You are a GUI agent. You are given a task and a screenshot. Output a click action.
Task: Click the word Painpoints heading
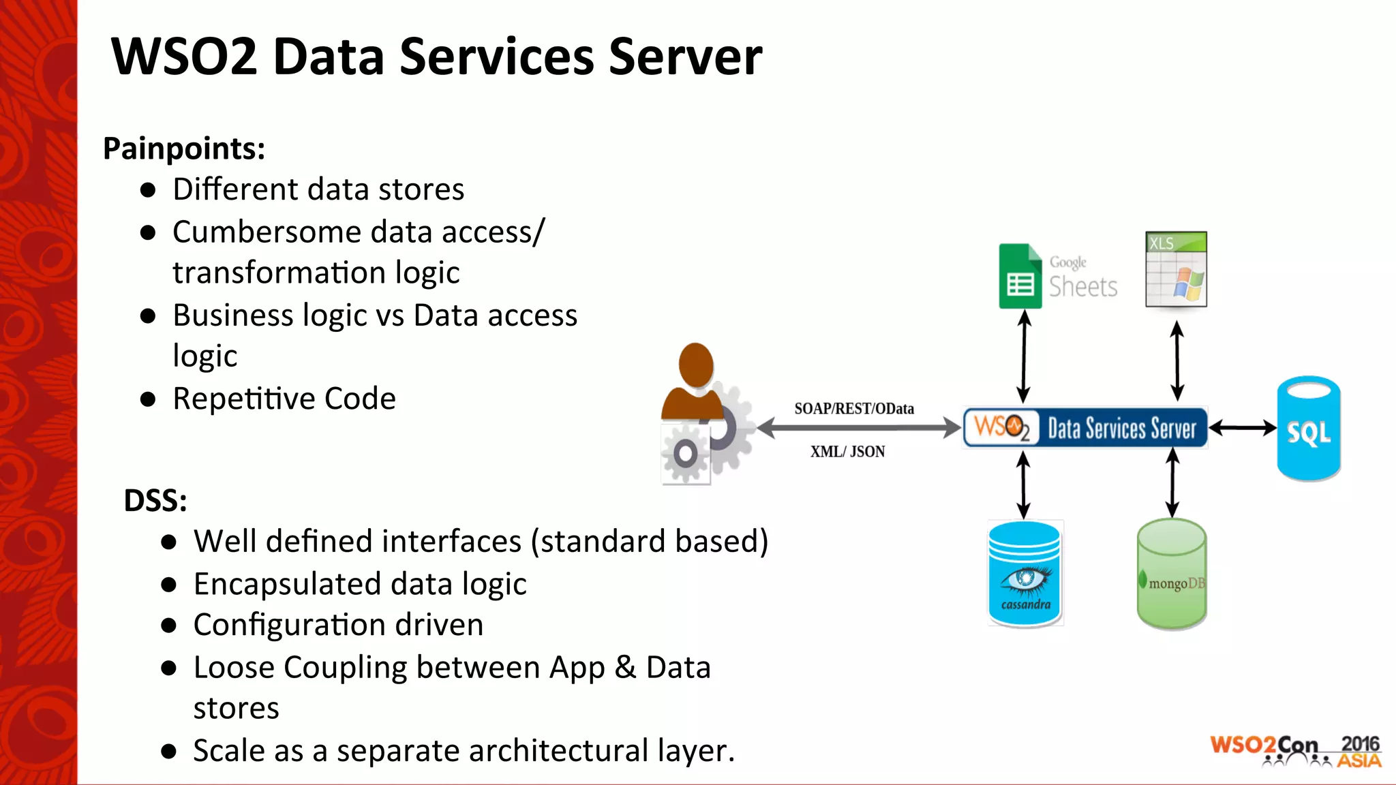click(x=183, y=149)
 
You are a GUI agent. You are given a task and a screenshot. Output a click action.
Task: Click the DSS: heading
click(x=155, y=501)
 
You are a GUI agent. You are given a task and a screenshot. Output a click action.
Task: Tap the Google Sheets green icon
click(x=1020, y=277)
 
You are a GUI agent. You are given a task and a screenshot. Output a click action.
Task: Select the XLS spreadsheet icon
click(x=1177, y=269)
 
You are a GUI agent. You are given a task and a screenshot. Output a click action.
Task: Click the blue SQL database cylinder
click(x=1308, y=429)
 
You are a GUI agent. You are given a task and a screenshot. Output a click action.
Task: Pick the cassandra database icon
click(x=1025, y=573)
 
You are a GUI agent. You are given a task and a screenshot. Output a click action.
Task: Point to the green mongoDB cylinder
click(x=1172, y=574)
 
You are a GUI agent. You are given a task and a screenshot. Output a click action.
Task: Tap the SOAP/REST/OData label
click(x=854, y=409)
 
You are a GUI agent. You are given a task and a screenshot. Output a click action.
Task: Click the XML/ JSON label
click(x=847, y=452)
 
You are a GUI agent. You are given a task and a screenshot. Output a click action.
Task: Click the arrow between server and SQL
click(x=1242, y=428)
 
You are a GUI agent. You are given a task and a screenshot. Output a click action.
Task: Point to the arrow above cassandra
click(x=1023, y=485)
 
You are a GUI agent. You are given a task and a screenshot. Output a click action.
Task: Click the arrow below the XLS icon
click(x=1177, y=360)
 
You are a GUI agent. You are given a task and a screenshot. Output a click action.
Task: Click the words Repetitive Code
click(x=284, y=399)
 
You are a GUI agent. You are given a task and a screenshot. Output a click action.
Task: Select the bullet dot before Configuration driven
click(x=169, y=626)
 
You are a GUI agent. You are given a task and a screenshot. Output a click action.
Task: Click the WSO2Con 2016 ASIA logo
click(x=1295, y=751)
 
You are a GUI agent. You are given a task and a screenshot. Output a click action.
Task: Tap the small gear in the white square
click(x=685, y=454)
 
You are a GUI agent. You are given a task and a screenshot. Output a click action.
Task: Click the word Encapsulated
click(x=287, y=585)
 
